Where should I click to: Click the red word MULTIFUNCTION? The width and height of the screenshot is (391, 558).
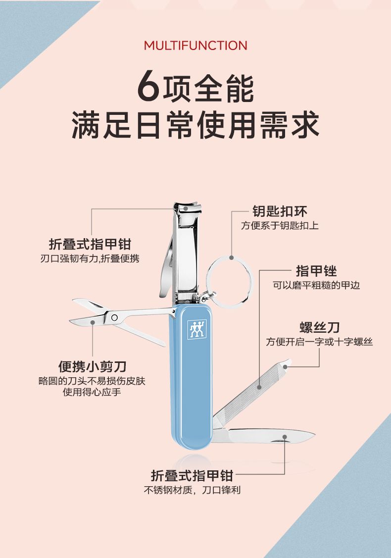(195, 46)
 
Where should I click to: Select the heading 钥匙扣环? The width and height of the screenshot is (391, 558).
(280, 211)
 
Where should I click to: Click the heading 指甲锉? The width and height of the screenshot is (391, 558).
(316, 271)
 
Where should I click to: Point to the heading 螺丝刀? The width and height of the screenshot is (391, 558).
(320, 327)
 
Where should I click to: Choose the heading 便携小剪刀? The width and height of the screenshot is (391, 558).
(93, 366)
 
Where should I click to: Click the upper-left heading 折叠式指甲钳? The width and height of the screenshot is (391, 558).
(91, 245)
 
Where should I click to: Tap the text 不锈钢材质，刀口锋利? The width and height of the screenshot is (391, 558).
(192, 490)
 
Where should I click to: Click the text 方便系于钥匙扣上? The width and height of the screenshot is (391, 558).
(280, 225)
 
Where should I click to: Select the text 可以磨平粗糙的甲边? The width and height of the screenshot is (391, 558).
(316, 285)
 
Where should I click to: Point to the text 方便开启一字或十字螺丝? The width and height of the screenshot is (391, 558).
(320, 342)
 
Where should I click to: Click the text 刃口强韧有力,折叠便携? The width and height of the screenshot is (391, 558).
(90, 258)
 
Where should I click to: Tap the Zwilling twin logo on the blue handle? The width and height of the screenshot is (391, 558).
(197, 329)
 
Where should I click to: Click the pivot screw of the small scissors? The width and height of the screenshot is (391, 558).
(114, 317)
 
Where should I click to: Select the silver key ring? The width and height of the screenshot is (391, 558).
(229, 282)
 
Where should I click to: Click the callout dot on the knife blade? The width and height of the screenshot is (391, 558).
(285, 436)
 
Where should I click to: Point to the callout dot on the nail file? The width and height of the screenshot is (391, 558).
(259, 387)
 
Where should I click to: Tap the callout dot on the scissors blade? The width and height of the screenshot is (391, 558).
(93, 322)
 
